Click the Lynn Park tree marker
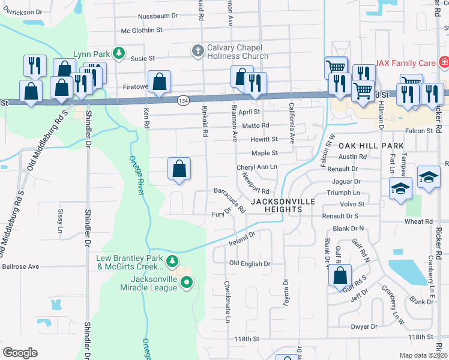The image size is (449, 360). click(119, 53)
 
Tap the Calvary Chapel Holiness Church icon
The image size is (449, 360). click(198, 52)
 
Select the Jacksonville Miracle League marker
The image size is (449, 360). click(186, 281)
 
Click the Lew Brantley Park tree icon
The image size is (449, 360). click(172, 260)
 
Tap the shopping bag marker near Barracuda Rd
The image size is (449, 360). click(179, 169)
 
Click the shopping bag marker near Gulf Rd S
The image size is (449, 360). click(340, 275)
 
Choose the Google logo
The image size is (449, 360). click(20, 352)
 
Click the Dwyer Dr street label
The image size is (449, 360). click(364, 326)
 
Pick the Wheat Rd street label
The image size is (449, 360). click(419, 221)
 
